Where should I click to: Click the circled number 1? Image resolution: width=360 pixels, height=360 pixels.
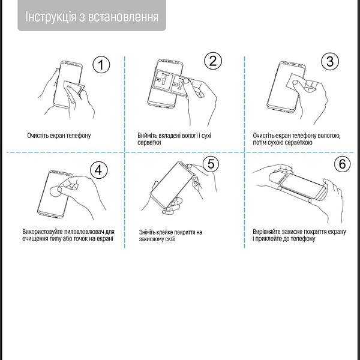point(103,64)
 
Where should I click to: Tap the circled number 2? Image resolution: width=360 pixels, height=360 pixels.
point(213,61)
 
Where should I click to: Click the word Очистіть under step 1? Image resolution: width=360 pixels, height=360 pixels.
point(40,136)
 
